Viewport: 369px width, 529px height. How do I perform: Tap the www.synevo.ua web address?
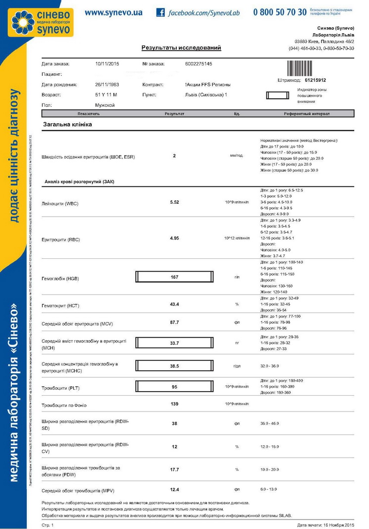pos(113,12)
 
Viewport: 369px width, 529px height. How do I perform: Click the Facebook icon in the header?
pos(160,12)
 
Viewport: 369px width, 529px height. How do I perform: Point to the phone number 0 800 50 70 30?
pos(280,12)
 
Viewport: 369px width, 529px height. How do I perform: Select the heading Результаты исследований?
pos(181,48)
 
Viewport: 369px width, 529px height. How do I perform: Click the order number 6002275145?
pos(198,64)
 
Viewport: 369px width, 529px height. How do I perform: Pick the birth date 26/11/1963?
pos(107,84)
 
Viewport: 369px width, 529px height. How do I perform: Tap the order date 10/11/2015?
pos(107,64)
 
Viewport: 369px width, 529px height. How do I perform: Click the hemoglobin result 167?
pos(174,277)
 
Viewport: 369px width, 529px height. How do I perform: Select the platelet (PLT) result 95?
pos(174,386)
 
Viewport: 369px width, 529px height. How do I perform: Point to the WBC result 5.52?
pos(174,203)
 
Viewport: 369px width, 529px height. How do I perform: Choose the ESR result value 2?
pos(174,156)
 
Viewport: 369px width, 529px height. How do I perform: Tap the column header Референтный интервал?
pos(307,114)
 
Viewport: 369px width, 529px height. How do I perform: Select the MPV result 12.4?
pos(174,489)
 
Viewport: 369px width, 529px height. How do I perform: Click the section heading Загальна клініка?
pos(67,124)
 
